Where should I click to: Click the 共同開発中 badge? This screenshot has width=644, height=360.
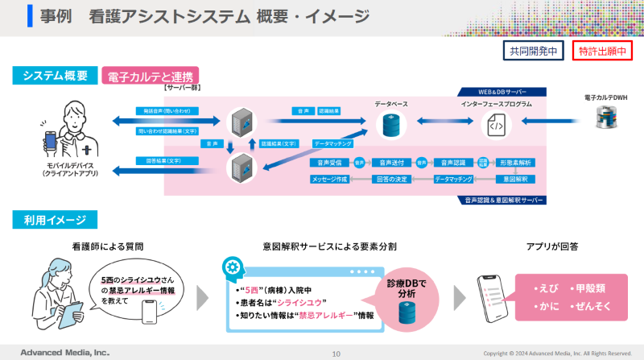click(533, 52)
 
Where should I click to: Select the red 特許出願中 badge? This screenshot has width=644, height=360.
click(602, 52)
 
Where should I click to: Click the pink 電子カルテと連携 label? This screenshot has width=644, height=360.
click(150, 77)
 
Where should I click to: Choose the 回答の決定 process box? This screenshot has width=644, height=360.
click(393, 179)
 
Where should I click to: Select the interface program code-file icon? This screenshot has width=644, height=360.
click(493, 125)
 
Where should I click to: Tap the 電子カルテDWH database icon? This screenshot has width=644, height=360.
click(605, 118)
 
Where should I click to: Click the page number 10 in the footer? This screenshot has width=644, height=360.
click(336, 353)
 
